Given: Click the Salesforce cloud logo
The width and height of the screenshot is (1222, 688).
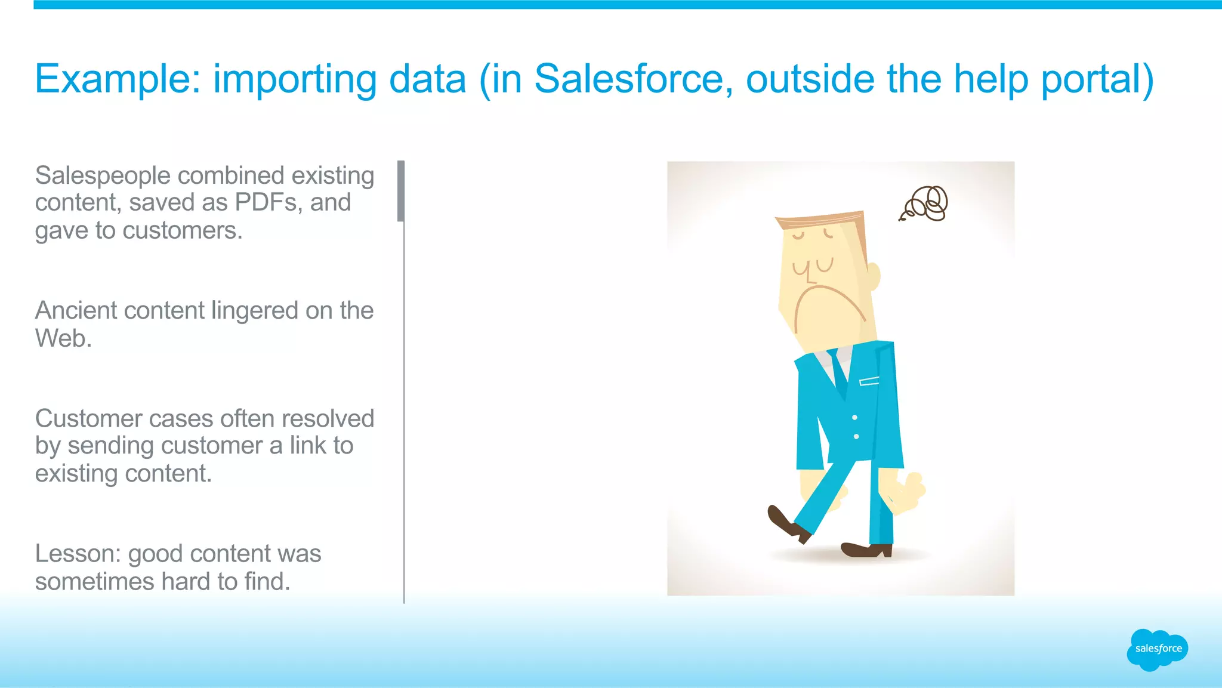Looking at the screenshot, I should [x=1157, y=649].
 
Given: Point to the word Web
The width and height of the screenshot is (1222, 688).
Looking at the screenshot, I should [x=63, y=338].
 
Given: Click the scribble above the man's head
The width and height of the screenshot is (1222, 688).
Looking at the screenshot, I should [x=925, y=203].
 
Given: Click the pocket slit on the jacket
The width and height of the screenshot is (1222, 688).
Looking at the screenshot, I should [x=869, y=381].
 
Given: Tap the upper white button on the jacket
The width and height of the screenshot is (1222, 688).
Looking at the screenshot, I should [x=854, y=417].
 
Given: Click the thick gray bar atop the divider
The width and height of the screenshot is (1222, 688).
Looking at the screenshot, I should [x=401, y=191].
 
